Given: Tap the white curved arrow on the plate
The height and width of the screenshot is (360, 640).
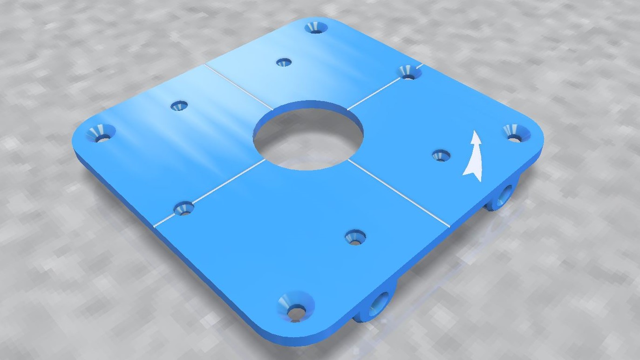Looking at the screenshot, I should click(x=474, y=156).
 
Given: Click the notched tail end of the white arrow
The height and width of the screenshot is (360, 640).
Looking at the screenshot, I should click(x=470, y=173).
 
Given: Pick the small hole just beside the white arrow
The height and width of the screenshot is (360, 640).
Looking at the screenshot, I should click(x=440, y=155).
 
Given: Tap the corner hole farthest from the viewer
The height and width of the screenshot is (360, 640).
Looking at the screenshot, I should click(x=316, y=27).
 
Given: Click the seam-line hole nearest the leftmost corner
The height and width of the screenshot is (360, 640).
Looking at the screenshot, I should click(x=184, y=209).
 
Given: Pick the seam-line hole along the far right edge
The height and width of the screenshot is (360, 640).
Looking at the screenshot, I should click(x=409, y=72).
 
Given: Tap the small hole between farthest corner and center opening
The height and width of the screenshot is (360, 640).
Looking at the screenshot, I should click(x=283, y=62).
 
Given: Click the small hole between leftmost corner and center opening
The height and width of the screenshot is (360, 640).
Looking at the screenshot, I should click(x=179, y=106).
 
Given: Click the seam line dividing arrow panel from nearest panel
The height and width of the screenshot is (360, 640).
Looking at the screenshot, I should click(x=398, y=193).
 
